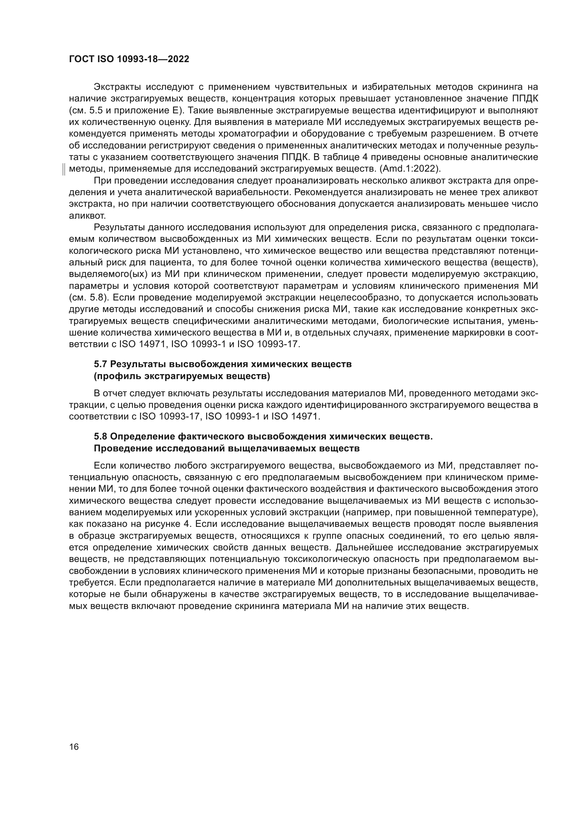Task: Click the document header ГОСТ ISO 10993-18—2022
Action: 129,59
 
